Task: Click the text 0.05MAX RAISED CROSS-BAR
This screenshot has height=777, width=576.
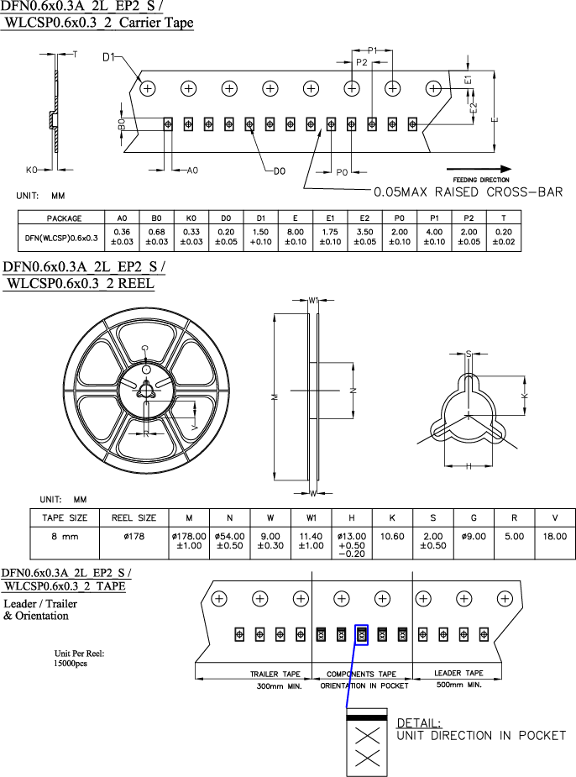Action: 467,192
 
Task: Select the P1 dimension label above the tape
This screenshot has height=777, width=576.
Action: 373,50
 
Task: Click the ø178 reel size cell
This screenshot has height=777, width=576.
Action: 134,536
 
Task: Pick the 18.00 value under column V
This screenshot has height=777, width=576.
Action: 555,536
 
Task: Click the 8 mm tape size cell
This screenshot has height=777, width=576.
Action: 65,536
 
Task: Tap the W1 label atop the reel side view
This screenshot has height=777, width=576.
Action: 312,300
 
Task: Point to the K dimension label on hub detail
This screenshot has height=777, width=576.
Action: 526,394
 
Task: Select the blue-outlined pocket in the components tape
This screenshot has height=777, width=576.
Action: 362,634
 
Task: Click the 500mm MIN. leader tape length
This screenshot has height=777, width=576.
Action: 458,685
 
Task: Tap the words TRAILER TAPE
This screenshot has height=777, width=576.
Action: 275,675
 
